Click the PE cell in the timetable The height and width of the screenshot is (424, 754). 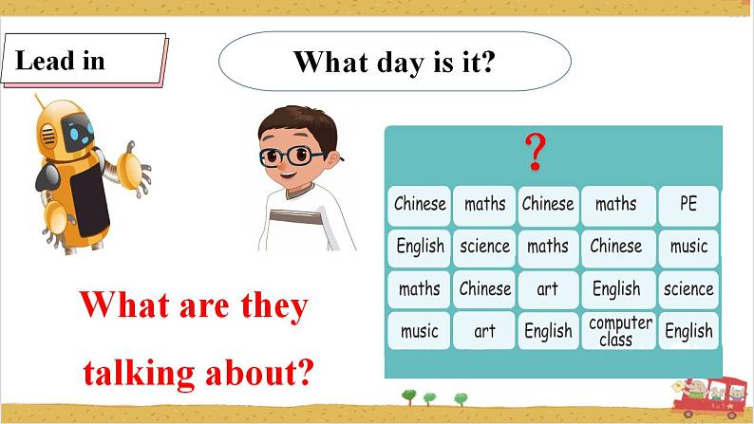688,204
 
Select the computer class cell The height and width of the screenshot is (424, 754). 619,331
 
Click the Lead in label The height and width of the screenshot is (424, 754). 61,62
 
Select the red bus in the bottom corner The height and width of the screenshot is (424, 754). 711,398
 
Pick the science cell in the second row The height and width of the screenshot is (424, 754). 484,247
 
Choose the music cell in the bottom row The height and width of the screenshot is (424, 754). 419,331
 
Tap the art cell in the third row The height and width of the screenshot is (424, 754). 548,288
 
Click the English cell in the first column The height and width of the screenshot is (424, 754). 420,247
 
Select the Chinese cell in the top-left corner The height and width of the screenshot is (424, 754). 419,204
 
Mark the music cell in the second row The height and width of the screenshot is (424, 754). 688,247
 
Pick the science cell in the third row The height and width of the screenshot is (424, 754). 688,288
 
